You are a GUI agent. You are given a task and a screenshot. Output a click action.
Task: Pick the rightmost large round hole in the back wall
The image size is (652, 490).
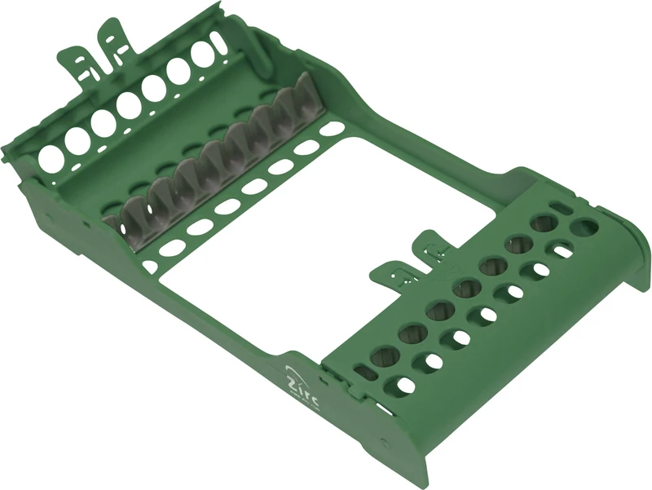(x=204, y=53)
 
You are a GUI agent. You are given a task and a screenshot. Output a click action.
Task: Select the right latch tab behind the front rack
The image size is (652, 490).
(x=432, y=245)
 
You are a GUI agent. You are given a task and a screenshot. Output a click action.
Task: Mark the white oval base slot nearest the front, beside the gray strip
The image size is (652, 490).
(x=149, y=266)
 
